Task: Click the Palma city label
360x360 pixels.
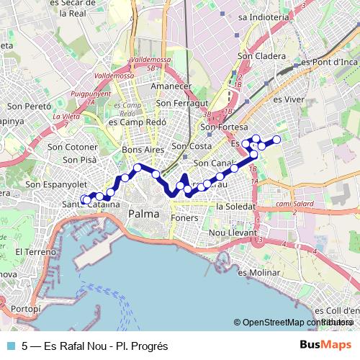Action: coord(143,215)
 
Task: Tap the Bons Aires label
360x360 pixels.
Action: coord(143,150)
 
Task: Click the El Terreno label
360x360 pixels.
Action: coord(32,253)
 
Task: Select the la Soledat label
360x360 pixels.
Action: coord(235,206)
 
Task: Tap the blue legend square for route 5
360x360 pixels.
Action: coord(10,346)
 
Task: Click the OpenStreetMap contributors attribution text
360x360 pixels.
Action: coord(295,322)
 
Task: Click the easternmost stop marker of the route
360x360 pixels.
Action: coord(276,138)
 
